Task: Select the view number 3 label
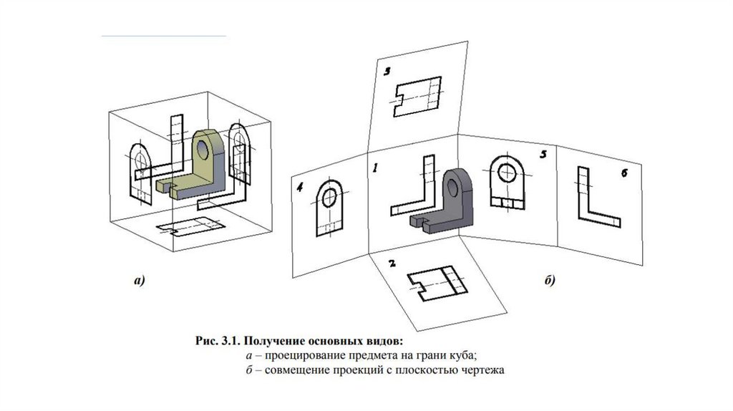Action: (x=387, y=72)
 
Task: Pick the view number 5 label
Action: (x=543, y=155)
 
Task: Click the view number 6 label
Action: (x=624, y=174)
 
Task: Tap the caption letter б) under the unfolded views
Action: (x=548, y=281)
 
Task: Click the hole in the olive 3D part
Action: (x=204, y=150)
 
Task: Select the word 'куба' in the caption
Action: (x=462, y=356)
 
